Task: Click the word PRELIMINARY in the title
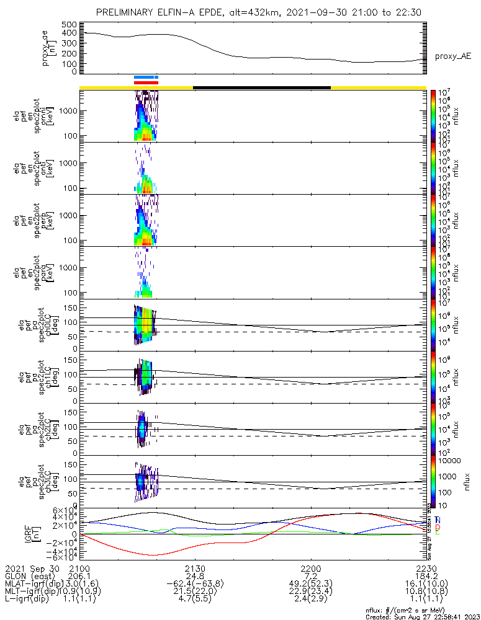tap(128, 12)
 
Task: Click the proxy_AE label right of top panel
tap(452, 56)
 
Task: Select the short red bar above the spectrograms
tap(146, 82)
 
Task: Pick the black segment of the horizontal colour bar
tap(261, 87)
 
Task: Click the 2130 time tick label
tap(194, 567)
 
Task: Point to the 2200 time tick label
tap(310, 567)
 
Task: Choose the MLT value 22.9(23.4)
tap(310, 592)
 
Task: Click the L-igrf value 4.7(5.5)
tap(194, 600)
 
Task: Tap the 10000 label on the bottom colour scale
tap(450, 461)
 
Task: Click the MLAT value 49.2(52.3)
tap(310, 584)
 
